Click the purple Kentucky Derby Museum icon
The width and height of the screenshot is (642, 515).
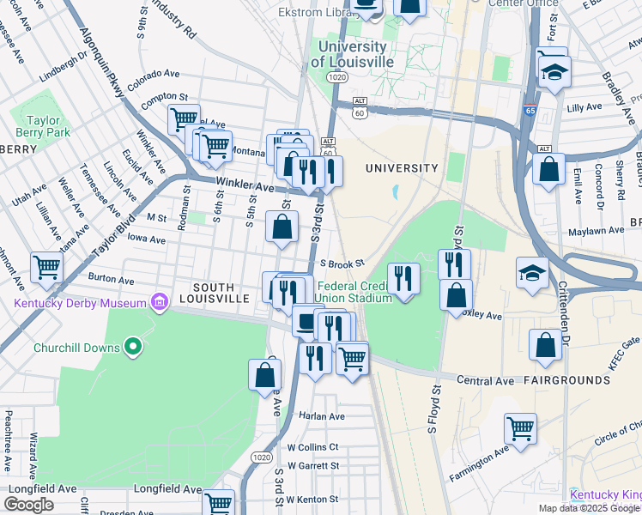pyautogui.click(x=159, y=303)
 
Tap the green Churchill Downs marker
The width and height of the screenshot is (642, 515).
pyautogui.click(x=132, y=347)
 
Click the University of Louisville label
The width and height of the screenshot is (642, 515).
pyautogui.click(x=352, y=54)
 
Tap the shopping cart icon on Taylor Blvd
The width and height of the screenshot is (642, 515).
pyautogui.click(x=46, y=266)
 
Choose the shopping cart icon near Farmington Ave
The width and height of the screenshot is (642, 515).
pyautogui.click(x=520, y=428)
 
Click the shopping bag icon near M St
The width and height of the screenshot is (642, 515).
pyautogui.click(x=282, y=227)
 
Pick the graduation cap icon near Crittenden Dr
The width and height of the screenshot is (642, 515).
pyautogui.click(x=532, y=273)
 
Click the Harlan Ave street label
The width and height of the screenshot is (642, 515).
pyautogui.click(x=321, y=416)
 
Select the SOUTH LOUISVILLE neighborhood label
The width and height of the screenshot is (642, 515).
pyautogui.click(x=221, y=292)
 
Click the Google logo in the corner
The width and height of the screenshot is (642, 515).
pyautogui.click(x=28, y=505)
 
